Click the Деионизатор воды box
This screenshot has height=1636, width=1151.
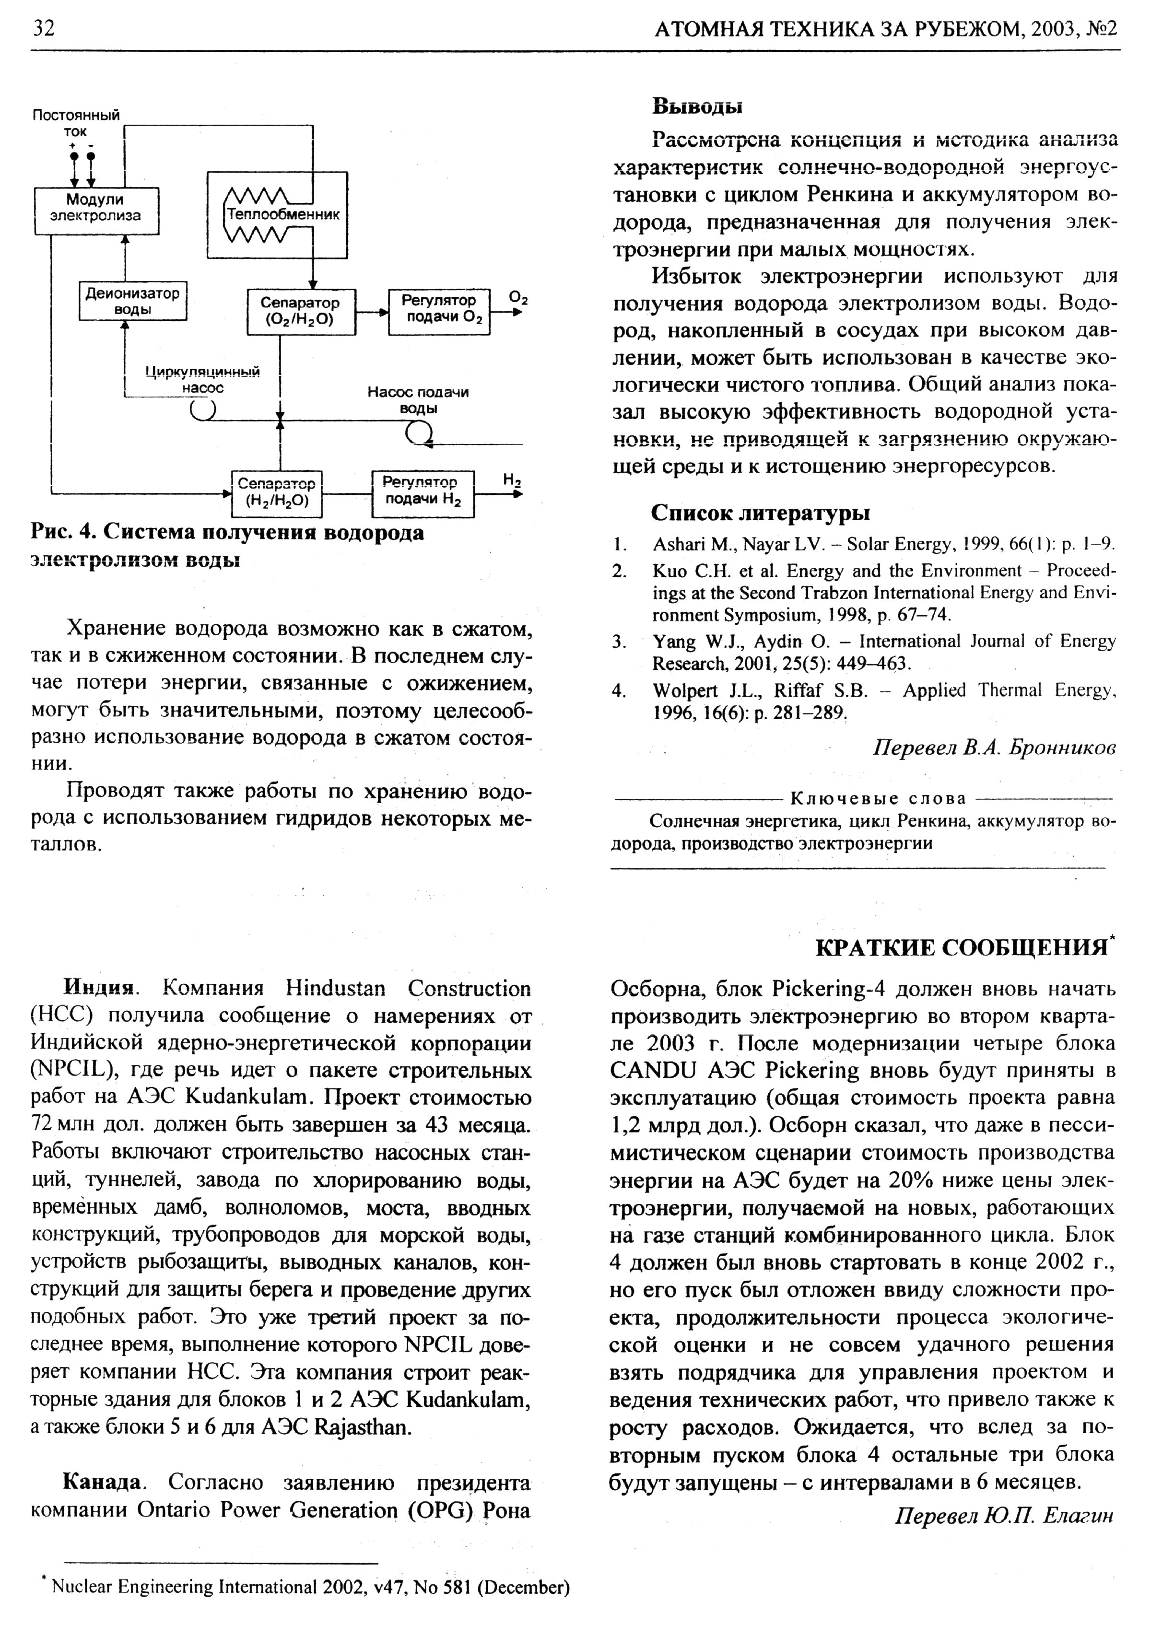point(132,301)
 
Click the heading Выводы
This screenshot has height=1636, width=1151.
point(697,107)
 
